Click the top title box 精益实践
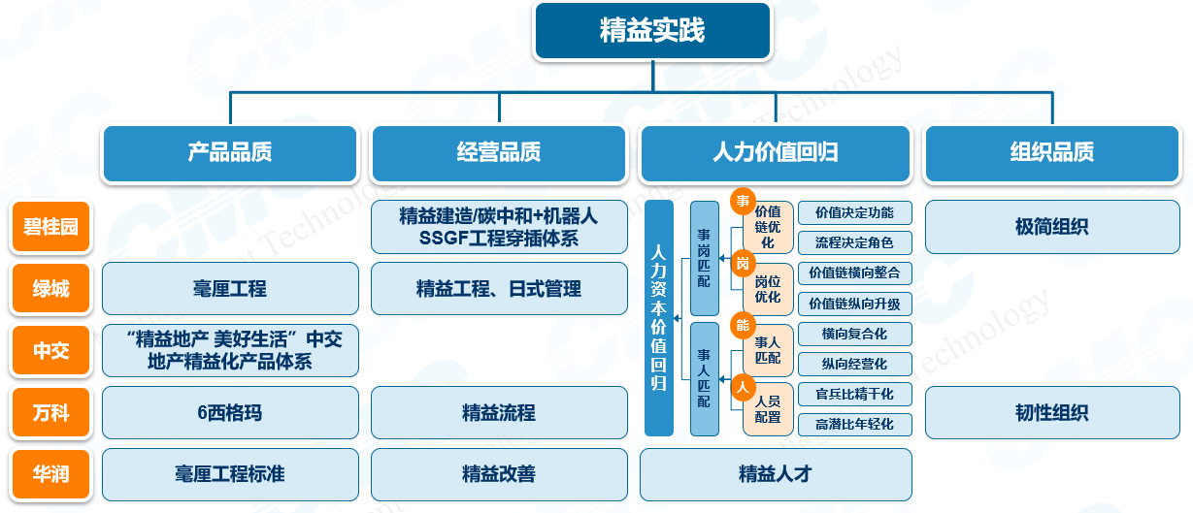pos(652,30)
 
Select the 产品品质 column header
pos(230,152)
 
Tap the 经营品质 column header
pos(499,152)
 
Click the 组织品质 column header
pos(1051,152)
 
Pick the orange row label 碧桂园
pos(50,228)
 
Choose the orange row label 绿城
pos(50,289)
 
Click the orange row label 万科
pos(50,413)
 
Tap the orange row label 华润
pos(50,475)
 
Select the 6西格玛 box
pos(230,413)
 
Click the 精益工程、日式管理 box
pos(499,289)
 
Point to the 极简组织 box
pos(1051,227)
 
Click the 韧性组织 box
pos(1051,413)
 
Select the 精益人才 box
pos(776,475)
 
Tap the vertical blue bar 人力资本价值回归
pos(659,318)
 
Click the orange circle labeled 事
pos(744,202)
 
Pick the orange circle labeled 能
pos(744,325)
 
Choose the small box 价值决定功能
pos(854,212)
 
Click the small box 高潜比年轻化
pos(854,424)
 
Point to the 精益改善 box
pos(499,475)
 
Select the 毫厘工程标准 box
pos(230,475)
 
